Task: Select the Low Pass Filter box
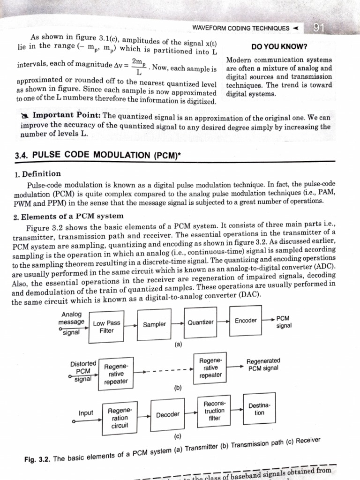[x=107, y=326]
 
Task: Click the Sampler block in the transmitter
[x=155, y=324]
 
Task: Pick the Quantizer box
[x=201, y=322]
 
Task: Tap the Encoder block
[x=246, y=320]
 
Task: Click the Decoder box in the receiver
[x=168, y=414]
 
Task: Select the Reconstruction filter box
[x=215, y=411]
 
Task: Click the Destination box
[x=259, y=409]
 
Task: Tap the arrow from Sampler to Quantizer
[x=177, y=323]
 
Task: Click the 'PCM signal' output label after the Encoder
[x=284, y=322]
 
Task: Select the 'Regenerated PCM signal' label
[x=263, y=364]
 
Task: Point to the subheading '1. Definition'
[x=37, y=173]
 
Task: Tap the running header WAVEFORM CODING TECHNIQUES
[x=240, y=28]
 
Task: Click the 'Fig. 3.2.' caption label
[x=38, y=459]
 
